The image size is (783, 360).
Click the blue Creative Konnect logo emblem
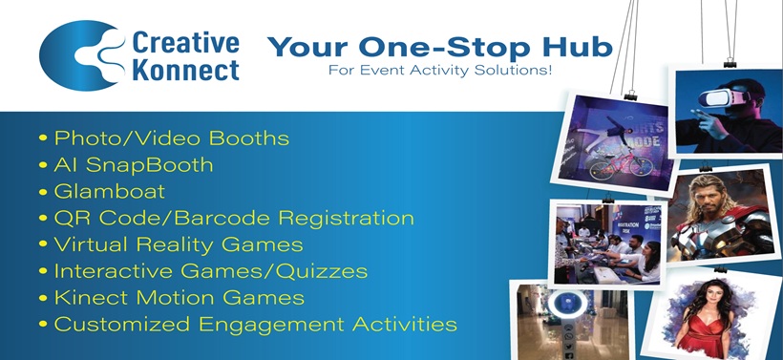[80, 55]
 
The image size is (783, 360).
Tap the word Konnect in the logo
[186, 70]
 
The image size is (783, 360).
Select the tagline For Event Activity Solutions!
[440, 70]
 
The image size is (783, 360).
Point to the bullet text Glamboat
[110, 191]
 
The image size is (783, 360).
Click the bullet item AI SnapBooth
[134, 165]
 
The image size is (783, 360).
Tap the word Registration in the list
[346, 219]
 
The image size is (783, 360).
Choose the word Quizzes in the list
[321, 271]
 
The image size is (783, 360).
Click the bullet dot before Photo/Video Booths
[43, 138]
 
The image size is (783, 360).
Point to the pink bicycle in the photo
[622, 165]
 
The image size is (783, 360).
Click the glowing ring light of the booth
[567, 305]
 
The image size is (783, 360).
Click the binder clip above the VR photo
[730, 62]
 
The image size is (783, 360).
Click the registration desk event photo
[607, 244]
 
